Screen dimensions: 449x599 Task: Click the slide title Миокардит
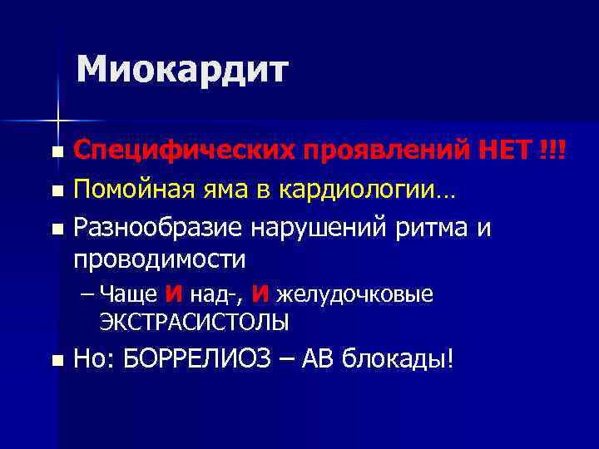pyautogui.click(x=182, y=69)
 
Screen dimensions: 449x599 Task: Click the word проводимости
pyautogui.click(x=160, y=259)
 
